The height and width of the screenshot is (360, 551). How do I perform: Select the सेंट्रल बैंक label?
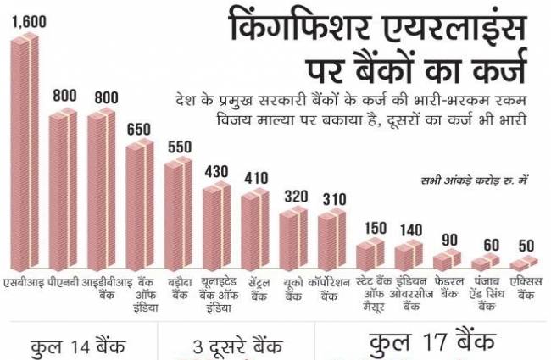click(257, 289)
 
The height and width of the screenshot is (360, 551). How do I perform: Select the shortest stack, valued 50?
click(527, 265)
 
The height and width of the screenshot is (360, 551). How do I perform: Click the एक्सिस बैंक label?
click(527, 289)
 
